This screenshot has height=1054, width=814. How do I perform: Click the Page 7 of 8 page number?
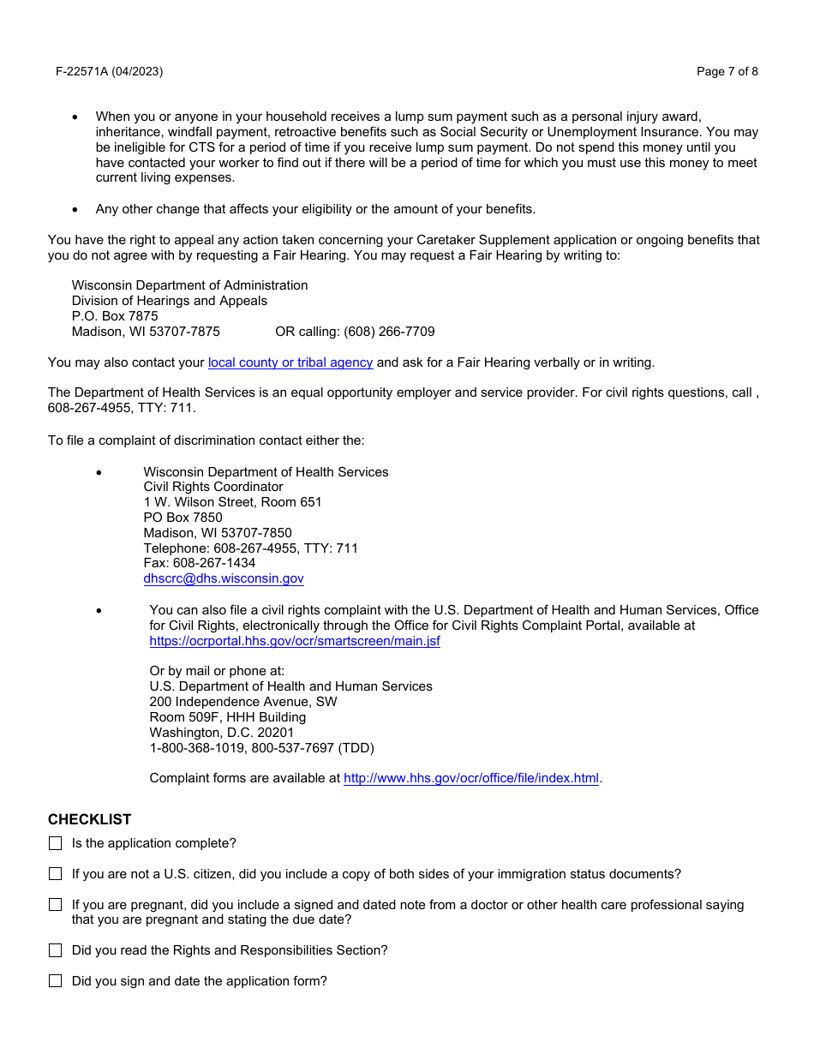(x=727, y=71)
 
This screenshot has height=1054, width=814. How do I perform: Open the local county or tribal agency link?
(x=290, y=362)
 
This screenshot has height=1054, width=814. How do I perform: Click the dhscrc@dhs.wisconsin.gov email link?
(x=224, y=578)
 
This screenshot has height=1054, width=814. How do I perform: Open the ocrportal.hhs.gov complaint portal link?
(x=295, y=641)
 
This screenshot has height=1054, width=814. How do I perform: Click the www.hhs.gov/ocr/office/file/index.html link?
(x=471, y=778)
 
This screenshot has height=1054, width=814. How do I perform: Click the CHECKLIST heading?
(x=90, y=819)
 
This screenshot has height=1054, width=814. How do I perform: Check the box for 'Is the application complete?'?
(x=56, y=843)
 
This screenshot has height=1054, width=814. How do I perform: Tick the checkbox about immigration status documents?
(x=56, y=874)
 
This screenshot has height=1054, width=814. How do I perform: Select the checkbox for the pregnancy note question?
(x=56, y=905)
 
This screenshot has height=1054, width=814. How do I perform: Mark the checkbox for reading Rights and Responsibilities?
(x=56, y=950)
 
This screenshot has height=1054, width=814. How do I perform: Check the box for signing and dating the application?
(x=56, y=981)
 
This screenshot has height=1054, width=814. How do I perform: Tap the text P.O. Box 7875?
(x=115, y=316)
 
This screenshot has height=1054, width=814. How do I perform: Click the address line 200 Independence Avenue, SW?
(x=243, y=702)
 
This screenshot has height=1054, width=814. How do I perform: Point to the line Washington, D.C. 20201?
(x=221, y=733)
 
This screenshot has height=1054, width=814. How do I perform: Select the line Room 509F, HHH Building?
(x=227, y=717)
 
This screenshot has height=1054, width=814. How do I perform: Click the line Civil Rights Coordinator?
(x=213, y=487)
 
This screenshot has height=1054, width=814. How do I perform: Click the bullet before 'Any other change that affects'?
(x=75, y=210)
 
